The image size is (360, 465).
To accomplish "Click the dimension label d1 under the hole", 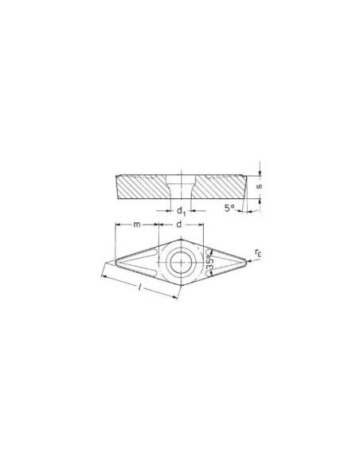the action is click(x=181, y=212).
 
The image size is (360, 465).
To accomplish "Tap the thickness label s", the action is click(x=259, y=186).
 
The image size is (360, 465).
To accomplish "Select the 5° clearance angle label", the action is click(x=229, y=208).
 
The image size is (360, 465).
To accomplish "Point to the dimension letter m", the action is click(x=137, y=225).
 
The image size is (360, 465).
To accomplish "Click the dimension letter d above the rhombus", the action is click(x=179, y=225).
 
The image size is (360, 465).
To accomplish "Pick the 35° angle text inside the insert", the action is click(x=209, y=263).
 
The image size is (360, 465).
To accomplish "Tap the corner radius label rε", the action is click(x=258, y=253).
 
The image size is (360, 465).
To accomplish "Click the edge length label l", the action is click(x=140, y=287).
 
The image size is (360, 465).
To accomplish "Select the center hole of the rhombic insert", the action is click(x=181, y=263).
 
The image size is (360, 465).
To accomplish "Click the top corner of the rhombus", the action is click(x=181, y=240).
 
